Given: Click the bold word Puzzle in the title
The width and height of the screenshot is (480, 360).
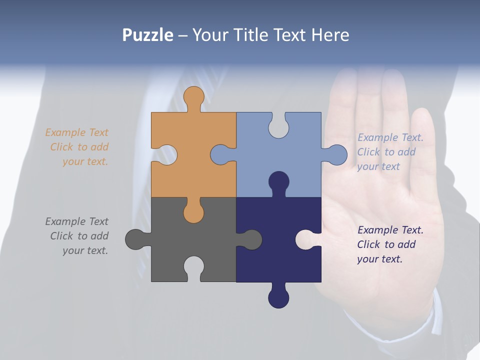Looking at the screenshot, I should pyautogui.click(x=147, y=35).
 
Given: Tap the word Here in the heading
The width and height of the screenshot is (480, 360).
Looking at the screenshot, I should pyautogui.click(x=330, y=35).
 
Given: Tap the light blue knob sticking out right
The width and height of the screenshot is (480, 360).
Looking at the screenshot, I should pyautogui.click(x=336, y=154).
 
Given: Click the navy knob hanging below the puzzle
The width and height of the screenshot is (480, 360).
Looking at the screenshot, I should pyautogui.click(x=278, y=297).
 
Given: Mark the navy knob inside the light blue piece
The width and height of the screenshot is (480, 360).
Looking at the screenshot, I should pyautogui.click(x=278, y=182).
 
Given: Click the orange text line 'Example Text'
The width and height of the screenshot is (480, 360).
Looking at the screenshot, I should pyautogui.click(x=76, y=132).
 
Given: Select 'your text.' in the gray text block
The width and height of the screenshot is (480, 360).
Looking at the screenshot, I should pyautogui.click(x=85, y=250).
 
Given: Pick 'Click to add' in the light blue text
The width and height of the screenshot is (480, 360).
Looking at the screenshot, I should pyautogui.click(x=386, y=152).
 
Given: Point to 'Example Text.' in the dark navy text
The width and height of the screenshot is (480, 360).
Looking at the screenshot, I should pyautogui.click(x=390, y=230).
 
